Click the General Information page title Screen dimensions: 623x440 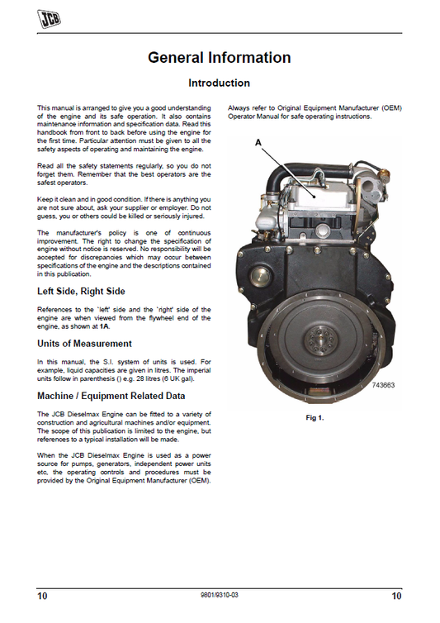[219, 58]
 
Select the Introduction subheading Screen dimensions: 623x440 [219, 83]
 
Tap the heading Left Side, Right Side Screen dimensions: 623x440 [80, 291]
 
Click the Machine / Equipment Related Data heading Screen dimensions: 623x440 [111, 393]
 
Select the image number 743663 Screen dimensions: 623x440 [384, 385]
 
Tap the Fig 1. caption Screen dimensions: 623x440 [315, 418]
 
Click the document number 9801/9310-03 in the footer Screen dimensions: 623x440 [220, 595]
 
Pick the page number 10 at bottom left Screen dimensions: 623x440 [42, 595]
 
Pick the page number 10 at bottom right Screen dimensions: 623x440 [396, 595]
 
